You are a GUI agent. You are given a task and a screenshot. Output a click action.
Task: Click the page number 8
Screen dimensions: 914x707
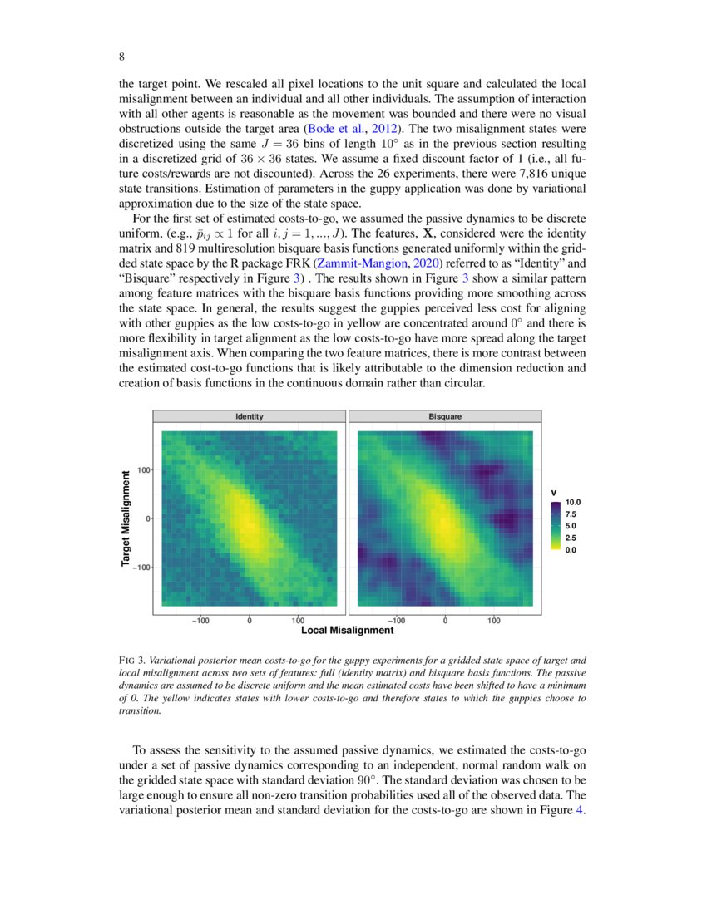[x=121, y=57]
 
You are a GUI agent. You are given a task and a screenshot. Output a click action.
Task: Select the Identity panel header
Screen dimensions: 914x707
[x=250, y=416]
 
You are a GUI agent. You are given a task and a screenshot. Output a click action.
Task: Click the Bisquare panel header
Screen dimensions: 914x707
[x=445, y=416]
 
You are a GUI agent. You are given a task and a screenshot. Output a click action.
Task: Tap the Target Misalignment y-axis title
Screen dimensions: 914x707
[x=126, y=519]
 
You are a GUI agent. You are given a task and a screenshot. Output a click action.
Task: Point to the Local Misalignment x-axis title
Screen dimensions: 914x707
[x=347, y=631]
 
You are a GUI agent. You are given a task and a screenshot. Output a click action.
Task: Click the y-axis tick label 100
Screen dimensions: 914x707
[x=141, y=469]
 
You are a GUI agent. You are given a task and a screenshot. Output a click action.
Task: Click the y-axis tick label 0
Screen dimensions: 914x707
[x=146, y=518]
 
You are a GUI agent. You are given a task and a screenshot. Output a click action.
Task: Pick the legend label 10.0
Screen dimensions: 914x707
[x=573, y=503]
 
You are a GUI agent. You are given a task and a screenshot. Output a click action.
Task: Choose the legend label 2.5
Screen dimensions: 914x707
[x=572, y=538]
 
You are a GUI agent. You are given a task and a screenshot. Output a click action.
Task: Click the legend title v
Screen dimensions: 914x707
[x=554, y=491]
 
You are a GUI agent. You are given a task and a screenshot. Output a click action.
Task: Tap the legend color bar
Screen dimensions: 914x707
[x=555, y=526]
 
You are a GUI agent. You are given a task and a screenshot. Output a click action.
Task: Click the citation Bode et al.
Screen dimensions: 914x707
[x=335, y=129]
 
